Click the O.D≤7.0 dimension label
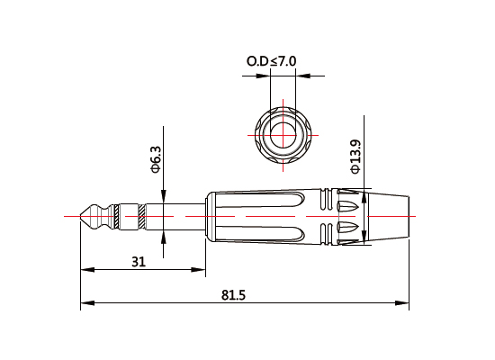(x=272, y=61)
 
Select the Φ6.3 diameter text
(x=155, y=158)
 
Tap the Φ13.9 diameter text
(x=355, y=156)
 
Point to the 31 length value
(x=139, y=262)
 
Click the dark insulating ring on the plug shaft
(x=141, y=216)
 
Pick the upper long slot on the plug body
(x=261, y=206)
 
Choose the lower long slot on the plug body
(x=261, y=228)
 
